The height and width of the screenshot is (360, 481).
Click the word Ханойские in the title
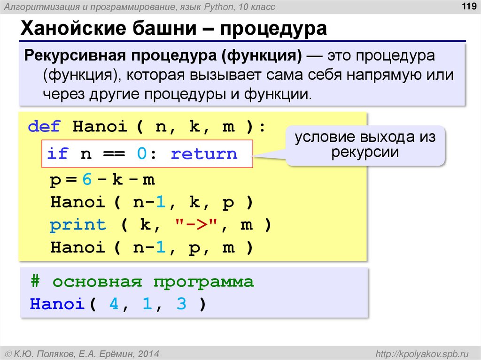click(67, 30)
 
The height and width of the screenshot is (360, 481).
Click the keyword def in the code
click(44, 127)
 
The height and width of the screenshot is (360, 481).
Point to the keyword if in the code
click(57, 153)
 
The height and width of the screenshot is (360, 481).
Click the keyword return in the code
click(204, 153)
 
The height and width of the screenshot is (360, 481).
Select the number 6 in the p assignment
click(86, 180)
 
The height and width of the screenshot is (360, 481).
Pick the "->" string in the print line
click(195, 225)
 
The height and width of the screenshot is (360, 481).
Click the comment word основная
click(97, 282)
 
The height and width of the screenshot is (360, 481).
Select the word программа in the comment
click(203, 282)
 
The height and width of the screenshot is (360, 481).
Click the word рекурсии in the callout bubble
click(365, 152)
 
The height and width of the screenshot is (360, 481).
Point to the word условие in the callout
click(324, 138)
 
